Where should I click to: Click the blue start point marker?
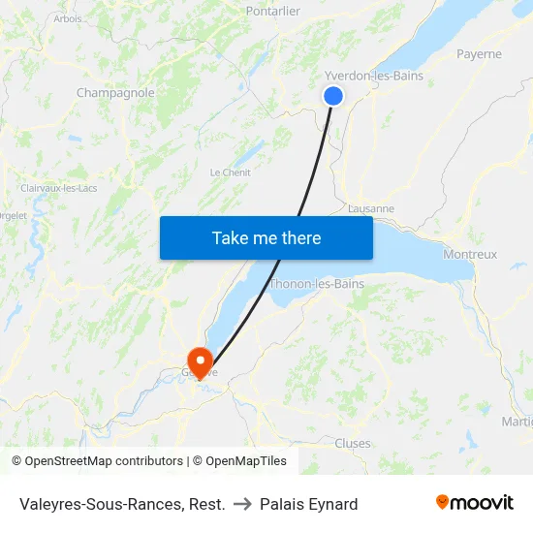(332, 95)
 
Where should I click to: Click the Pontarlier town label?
(272, 11)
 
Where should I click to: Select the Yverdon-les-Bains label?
(374, 76)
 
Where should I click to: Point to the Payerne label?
(479, 54)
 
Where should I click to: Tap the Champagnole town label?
(115, 93)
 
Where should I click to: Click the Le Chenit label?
(231, 172)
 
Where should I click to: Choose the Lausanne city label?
(370, 208)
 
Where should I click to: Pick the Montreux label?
(469, 254)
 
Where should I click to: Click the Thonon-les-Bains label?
(317, 284)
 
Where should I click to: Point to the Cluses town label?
(352, 443)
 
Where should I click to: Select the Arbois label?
(68, 18)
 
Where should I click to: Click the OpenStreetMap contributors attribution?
(104, 461)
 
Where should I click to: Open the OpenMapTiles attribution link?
(244, 461)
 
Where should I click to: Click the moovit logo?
(474, 503)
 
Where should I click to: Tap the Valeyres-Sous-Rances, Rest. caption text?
(122, 504)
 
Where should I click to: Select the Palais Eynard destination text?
(308, 504)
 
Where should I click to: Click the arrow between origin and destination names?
(242, 504)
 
